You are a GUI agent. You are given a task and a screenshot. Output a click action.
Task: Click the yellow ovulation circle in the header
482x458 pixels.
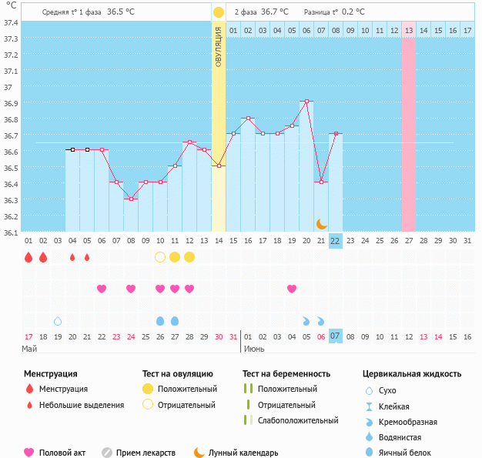point(219,12)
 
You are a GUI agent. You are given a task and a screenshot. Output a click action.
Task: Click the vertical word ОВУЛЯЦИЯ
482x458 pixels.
point(219,45)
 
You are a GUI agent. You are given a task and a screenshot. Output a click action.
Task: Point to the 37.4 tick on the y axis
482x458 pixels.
point(11,22)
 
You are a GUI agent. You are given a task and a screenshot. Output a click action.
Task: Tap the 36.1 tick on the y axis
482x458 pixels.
point(11,232)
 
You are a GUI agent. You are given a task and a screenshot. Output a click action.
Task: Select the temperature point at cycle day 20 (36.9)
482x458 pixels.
point(306,101)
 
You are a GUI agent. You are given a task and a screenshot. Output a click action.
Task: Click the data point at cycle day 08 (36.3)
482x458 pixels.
point(131,199)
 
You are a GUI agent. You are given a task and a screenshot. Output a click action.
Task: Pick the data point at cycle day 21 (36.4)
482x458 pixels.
point(321,182)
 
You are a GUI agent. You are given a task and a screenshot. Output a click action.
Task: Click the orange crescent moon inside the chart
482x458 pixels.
point(321,224)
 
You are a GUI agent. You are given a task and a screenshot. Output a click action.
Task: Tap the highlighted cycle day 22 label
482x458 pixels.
point(335,241)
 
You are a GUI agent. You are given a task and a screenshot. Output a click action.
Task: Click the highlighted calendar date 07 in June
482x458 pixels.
point(335,336)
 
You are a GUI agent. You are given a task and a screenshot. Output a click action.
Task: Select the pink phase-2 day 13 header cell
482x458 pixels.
point(408,30)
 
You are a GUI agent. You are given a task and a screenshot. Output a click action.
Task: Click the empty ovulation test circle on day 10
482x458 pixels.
point(160,256)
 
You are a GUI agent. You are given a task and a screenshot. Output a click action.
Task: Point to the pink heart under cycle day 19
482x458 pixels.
point(292,289)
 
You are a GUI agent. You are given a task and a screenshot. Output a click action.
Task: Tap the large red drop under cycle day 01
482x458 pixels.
point(28,257)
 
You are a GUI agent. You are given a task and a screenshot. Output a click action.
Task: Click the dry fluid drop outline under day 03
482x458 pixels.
point(58,320)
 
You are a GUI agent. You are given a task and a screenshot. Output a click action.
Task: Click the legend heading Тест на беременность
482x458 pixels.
point(286,373)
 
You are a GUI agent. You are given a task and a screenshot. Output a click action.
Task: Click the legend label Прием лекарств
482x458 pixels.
point(146,453)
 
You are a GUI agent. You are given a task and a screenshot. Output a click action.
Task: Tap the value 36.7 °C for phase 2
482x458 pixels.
point(275,12)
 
